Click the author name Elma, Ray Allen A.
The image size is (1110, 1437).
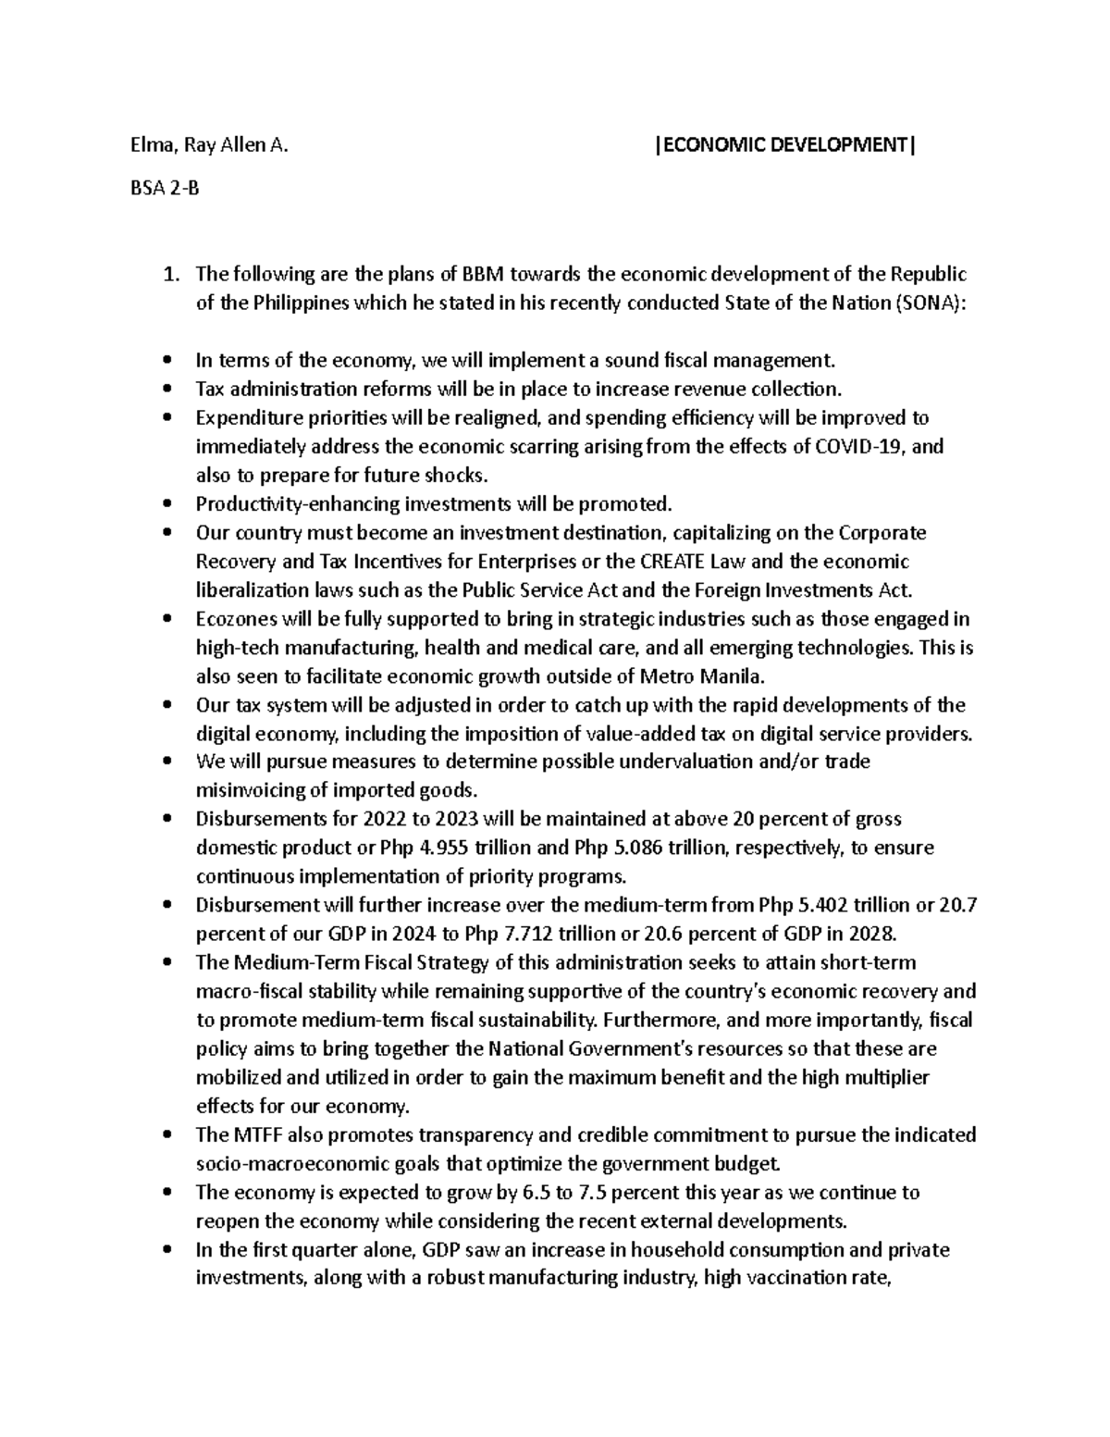pyautogui.click(x=208, y=144)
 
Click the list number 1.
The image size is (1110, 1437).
pyautogui.click(x=168, y=274)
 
